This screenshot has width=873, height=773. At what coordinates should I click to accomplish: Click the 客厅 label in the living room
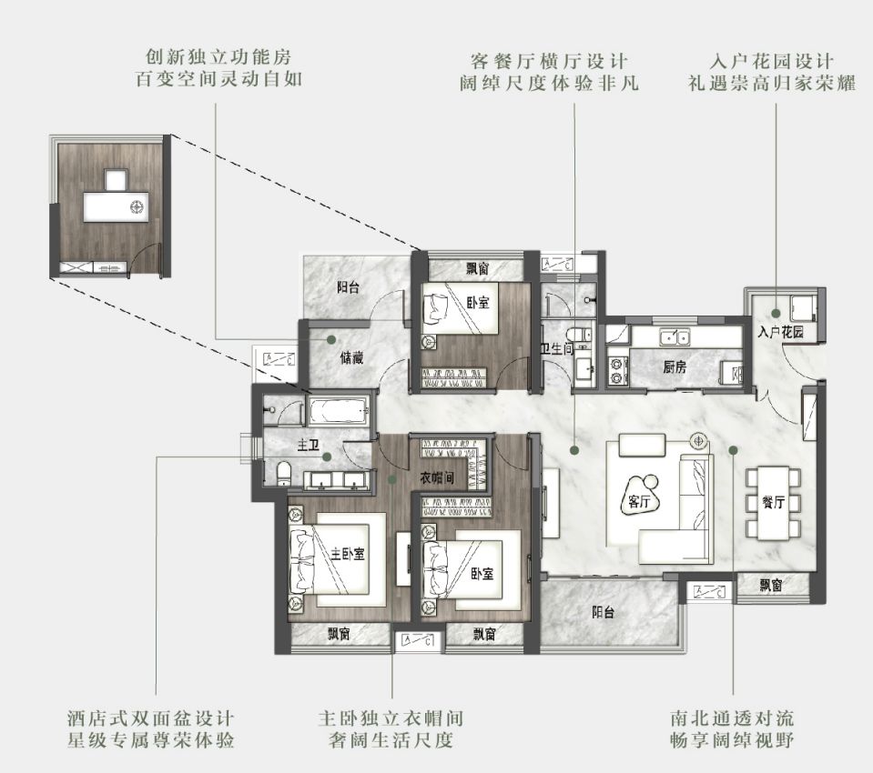tap(639, 502)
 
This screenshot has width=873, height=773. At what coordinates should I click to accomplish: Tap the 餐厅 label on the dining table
tap(774, 503)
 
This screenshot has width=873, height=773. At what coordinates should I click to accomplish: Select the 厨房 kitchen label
tap(675, 367)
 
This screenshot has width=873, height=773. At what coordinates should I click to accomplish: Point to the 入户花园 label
tap(780, 333)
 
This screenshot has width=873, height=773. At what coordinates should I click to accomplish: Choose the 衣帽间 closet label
tap(437, 477)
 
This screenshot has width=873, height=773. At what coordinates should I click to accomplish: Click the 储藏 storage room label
tap(351, 358)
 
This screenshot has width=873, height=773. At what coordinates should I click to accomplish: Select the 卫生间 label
tap(557, 348)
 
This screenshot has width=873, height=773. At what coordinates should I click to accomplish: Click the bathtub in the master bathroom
tap(339, 411)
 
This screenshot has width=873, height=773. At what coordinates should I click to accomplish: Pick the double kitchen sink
tap(674, 336)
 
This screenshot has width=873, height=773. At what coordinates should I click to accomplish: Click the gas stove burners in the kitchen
tap(617, 371)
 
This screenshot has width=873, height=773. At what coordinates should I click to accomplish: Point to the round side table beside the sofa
tap(698, 441)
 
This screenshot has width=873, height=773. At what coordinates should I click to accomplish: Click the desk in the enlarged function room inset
tap(117, 206)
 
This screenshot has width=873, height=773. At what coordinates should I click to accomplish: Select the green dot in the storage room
tap(331, 338)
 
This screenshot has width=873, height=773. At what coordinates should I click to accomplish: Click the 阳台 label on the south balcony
tap(603, 613)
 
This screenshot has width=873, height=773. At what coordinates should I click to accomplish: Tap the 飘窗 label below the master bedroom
tap(339, 634)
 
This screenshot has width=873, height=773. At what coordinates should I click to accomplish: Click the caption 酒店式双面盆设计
tap(151, 718)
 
